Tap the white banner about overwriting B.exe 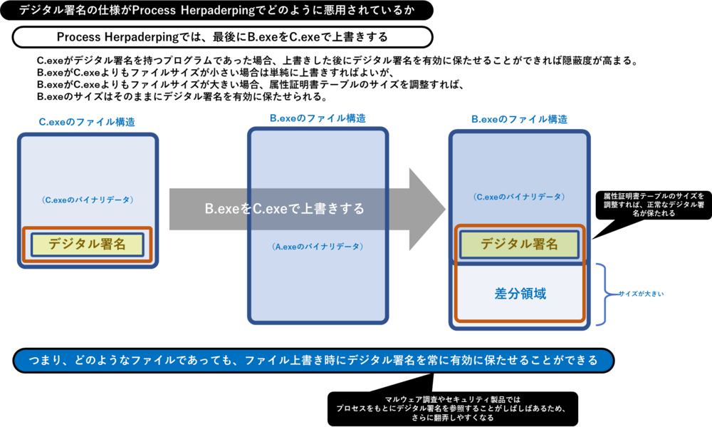(x=222, y=37)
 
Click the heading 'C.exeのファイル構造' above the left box (x=87, y=122)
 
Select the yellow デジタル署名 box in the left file (x=87, y=245)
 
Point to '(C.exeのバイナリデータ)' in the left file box (x=87, y=200)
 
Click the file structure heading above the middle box (x=318, y=118)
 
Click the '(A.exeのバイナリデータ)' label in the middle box (x=318, y=247)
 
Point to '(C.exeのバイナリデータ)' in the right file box (x=519, y=196)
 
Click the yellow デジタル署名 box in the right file (x=519, y=245)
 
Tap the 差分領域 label (x=520, y=293)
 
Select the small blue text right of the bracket (x=641, y=294)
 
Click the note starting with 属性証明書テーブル (x=653, y=204)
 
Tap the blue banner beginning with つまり (x=313, y=360)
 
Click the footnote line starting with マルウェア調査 (x=453, y=399)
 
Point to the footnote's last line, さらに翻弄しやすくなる (x=453, y=418)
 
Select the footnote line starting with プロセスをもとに (x=453, y=408)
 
